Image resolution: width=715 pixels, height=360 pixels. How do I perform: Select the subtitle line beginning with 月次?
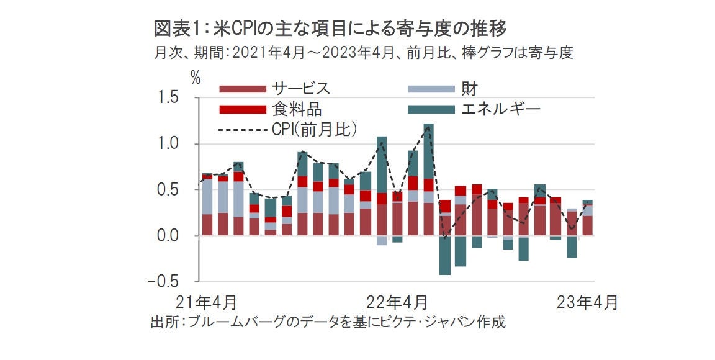tap(362, 53)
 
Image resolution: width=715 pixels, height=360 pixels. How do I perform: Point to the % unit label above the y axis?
tap(196, 78)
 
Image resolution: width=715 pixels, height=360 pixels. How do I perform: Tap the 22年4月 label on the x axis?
tap(397, 303)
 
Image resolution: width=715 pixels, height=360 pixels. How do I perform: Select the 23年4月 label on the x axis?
tap(587, 303)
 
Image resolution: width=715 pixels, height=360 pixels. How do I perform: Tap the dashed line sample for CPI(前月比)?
tap(242, 130)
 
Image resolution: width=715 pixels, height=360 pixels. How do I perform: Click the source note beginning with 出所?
tap(328, 323)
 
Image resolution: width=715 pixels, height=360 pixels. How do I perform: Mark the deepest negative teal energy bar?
tap(444, 255)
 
